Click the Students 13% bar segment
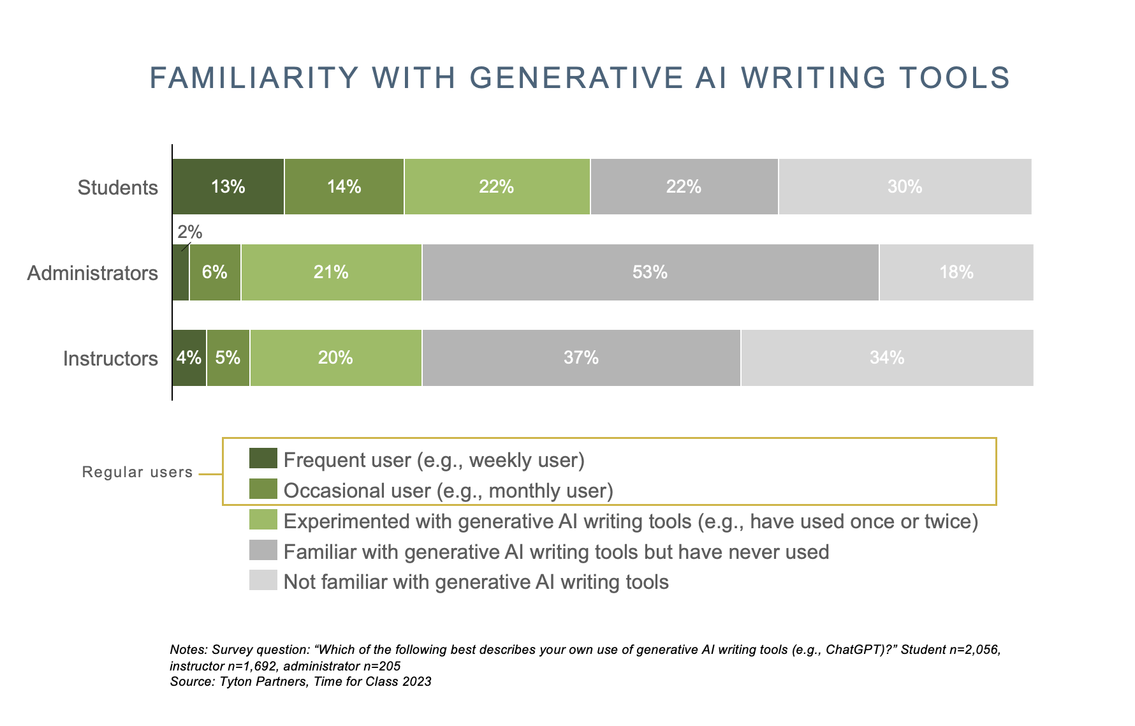click(228, 186)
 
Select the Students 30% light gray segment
click(905, 186)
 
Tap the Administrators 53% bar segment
click(650, 272)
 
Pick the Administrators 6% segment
click(215, 272)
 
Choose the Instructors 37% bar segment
click(581, 358)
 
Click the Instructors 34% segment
click(887, 358)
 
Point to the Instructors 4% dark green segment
click(189, 358)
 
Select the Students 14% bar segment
click(344, 186)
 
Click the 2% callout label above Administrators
click(190, 233)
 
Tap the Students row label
click(117, 188)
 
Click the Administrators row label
click(92, 273)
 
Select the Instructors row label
click(110, 359)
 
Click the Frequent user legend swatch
click(263, 459)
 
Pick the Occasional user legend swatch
click(263, 489)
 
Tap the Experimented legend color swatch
click(263, 520)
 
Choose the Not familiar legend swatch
click(263, 581)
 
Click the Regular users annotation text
click(137, 472)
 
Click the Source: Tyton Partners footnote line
click(300, 681)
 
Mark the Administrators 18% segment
click(956, 272)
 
